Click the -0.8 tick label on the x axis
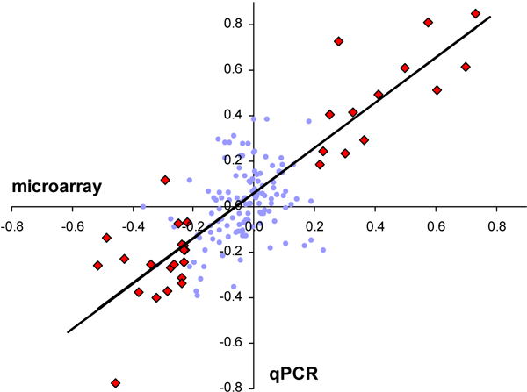click(13, 225)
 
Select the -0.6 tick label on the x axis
click(74, 225)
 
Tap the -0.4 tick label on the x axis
click(134, 225)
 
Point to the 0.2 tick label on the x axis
click(315, 225)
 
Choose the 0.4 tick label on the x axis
click(376, 225)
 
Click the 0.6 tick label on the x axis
click(437, 225)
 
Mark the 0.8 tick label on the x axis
click(497, 225)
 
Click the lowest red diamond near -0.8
click(115, 383)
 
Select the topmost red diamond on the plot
click(475, 13)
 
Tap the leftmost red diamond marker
click(97, 265)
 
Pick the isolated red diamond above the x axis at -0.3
click(165, 180)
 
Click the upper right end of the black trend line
click(489, 17)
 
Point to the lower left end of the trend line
click(68, 331)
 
